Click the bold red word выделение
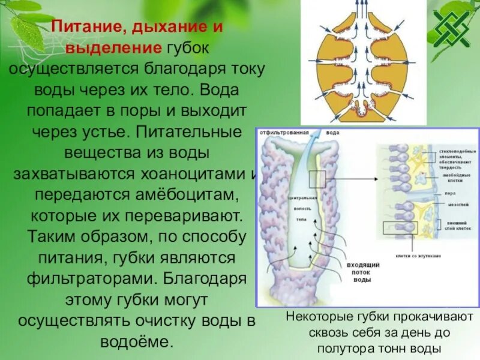pyautogui.click(x=113, y=47)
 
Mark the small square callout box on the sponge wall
pyautogui.click(x=317, y=179)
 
